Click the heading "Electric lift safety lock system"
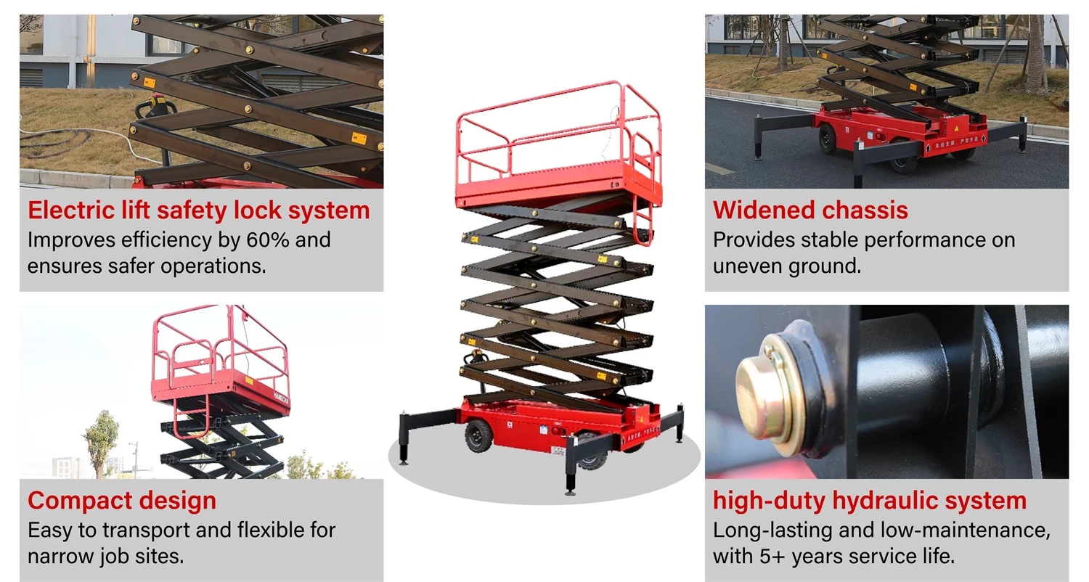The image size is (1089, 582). coord(198,210)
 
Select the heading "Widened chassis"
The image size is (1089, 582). coord(810,210)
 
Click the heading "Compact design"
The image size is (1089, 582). coord(121,501)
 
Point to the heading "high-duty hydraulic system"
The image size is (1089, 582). coord(870,501)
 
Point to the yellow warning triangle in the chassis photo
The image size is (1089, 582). coord(956,128)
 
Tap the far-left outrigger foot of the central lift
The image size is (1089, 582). coord(403,456)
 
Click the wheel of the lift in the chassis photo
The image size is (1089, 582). coord(828,139)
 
